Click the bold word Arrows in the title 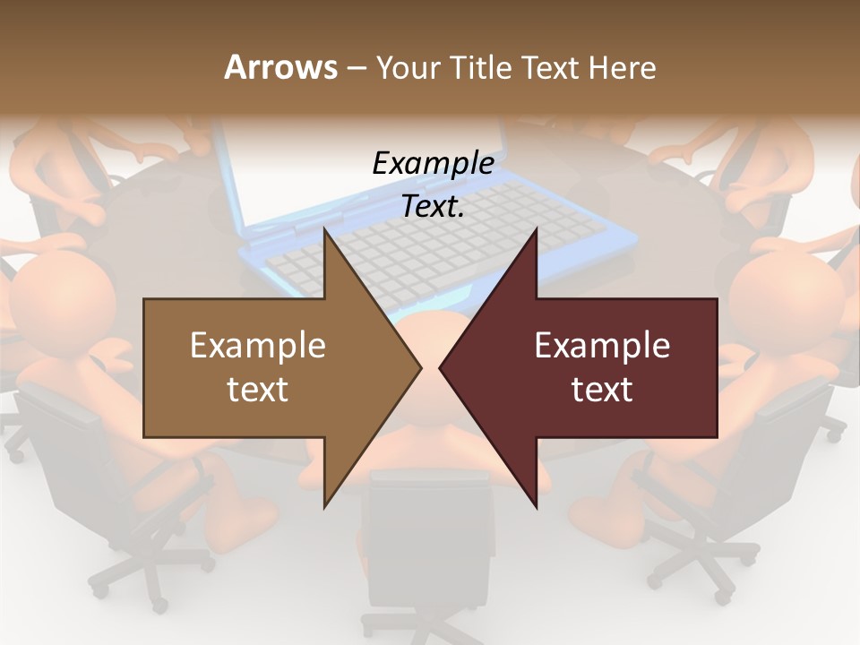click(281, 67)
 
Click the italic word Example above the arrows click(433, 164)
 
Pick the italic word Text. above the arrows click(433, 207)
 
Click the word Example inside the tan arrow click(258, 346)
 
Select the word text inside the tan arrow click(258, 390)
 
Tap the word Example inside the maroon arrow click(602, 346)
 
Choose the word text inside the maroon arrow click(602, 390)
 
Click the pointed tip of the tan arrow click(418, 366)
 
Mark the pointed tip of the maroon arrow click(443, 366)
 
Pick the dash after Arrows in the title click(356, 67)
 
